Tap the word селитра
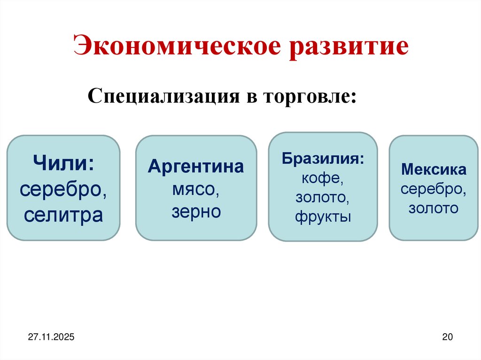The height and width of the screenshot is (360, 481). (x=63, y=215)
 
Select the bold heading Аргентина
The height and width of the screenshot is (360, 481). (x=196, y=167)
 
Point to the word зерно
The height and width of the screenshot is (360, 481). (x=196, y=212)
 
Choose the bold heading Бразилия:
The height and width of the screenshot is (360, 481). (x=323, y=158)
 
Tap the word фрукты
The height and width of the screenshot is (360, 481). (x=323, y=217)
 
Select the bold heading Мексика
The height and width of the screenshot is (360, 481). (x=433, y=169)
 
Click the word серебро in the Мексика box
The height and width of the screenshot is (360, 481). (x=433, y=189)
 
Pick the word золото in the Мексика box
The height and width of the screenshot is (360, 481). (x=433, y=208)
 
